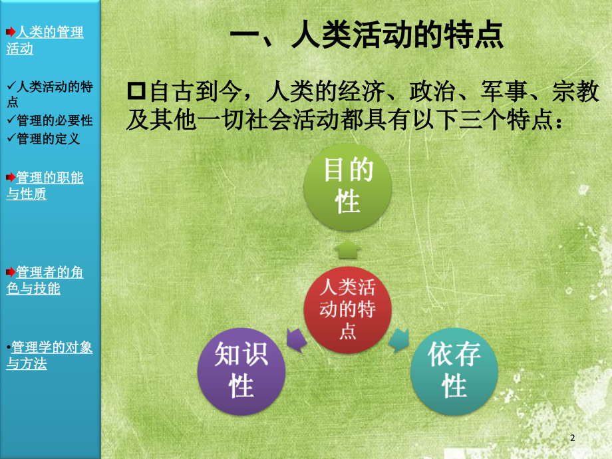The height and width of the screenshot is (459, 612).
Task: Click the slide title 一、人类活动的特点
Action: click(x=365, y=36)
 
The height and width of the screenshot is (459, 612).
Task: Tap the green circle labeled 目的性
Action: click(x=348, y=187)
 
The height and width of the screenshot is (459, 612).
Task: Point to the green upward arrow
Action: click(x=348, y=250)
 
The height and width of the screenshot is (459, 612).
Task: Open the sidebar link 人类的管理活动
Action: click(x=45, y=40)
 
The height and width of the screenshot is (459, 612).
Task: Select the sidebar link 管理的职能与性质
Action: click(x=45, y=186)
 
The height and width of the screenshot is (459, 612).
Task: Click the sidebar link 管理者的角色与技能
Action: click(x=45, y=280)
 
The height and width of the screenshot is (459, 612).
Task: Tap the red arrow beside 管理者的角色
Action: click(x=10, y=272)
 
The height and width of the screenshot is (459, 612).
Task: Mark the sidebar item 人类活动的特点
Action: click(x=50, y=94)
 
